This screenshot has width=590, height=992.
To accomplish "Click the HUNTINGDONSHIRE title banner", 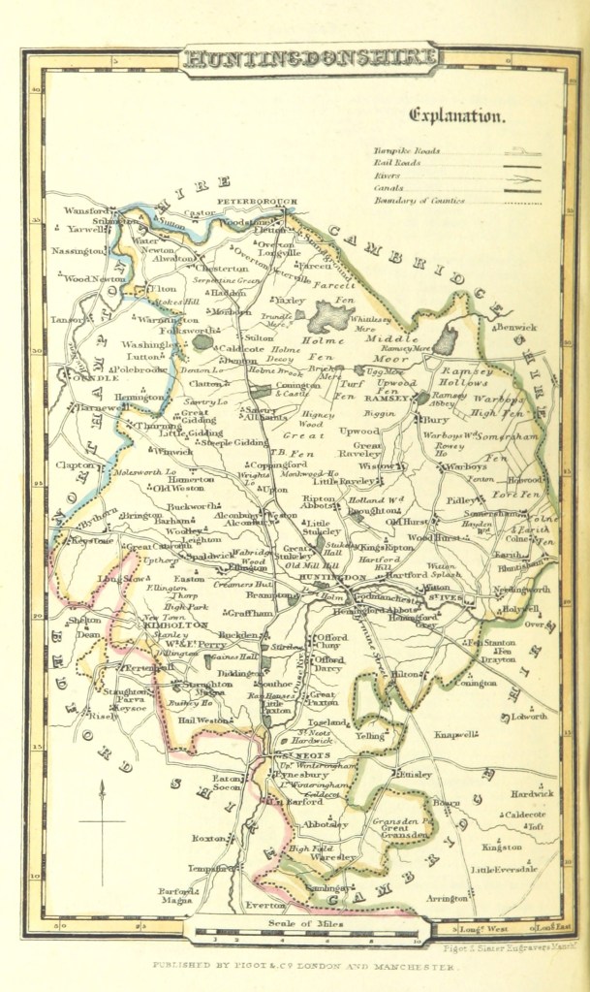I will point(309,58).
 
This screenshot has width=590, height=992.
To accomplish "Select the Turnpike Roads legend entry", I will point(408,151).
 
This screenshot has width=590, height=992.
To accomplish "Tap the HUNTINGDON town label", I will point(313,577).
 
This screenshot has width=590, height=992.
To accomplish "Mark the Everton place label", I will point(266,905).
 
